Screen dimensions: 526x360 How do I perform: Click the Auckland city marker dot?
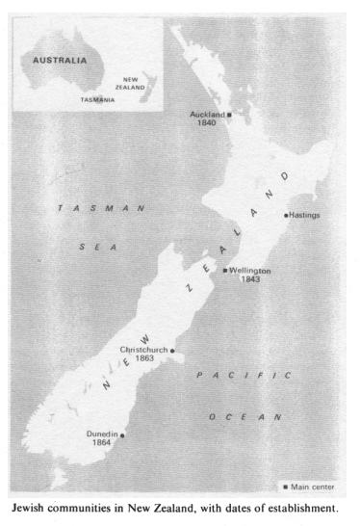click(229, 115)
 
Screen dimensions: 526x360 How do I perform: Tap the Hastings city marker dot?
click(286, 215)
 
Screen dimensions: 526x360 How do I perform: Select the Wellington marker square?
click(225, 271)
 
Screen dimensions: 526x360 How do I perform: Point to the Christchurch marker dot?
click(172, 351)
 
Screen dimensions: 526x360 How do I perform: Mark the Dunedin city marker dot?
click(122, 435)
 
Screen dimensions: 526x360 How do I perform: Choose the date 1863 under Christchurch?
click(145, 358)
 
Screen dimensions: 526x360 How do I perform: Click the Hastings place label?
click(305, 215)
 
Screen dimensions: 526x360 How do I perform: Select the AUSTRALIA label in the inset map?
click(60, 60)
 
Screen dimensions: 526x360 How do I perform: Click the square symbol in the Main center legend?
click(285, 486)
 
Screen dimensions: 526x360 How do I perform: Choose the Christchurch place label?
click(144, 350)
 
